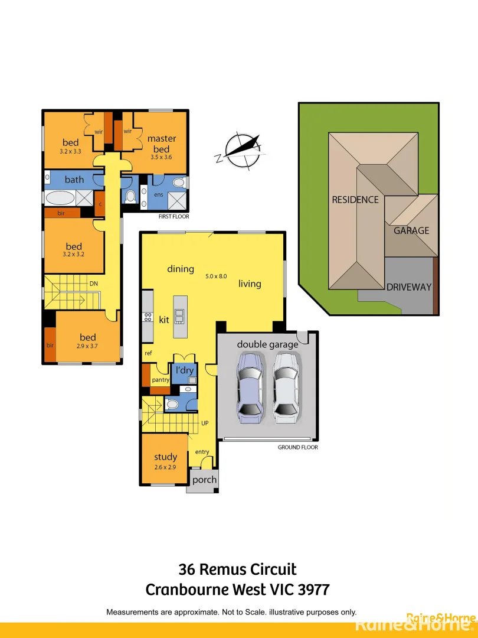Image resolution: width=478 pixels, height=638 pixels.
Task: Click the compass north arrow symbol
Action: (240, 150)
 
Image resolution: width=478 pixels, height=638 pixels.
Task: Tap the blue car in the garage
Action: (250, 388)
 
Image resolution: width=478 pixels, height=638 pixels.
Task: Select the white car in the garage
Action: (286, 388)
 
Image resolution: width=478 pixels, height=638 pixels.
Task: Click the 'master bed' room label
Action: (161, 144)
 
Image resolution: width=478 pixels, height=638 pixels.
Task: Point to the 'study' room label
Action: (165, 457)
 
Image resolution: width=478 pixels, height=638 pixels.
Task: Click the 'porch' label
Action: (205, 480)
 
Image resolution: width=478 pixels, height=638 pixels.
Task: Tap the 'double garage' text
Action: (267, 344)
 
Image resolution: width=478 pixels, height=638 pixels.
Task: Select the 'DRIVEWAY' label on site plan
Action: (409, 287)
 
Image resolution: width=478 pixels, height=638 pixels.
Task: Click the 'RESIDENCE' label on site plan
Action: (355, 200)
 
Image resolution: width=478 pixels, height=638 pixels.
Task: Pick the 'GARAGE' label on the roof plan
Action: (411, 230)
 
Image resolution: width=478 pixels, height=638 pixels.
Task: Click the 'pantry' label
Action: (161, 380)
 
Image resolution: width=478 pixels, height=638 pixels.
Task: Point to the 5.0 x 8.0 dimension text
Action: (216, 276)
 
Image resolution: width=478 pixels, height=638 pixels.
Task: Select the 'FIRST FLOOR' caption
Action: (173, 217)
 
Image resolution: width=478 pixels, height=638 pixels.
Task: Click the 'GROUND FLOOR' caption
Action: (297, 447)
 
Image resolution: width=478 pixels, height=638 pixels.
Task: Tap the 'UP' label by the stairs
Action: (205, 424)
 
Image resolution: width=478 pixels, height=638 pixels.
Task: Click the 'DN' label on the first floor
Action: (93, 284)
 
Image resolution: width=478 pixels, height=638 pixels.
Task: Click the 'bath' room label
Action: (74, 180)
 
